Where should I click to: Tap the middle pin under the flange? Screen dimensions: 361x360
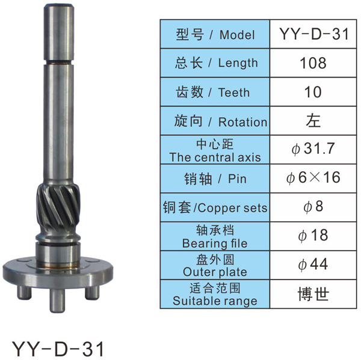[x=57, y=300]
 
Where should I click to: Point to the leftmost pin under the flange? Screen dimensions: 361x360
[x=24, y=292]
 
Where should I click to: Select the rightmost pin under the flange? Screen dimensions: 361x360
[x=92, y=293]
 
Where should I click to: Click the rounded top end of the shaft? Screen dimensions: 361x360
[x=59, y=7]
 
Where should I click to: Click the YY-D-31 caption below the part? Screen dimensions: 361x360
[x=58, y=349]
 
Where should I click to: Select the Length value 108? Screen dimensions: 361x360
[x=313, y=63]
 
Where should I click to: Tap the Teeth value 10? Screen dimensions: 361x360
[x=313, y=92]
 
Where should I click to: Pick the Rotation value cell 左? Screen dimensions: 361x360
[x=313, y=121]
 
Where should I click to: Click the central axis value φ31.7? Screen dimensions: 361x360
[x=313, y=149]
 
